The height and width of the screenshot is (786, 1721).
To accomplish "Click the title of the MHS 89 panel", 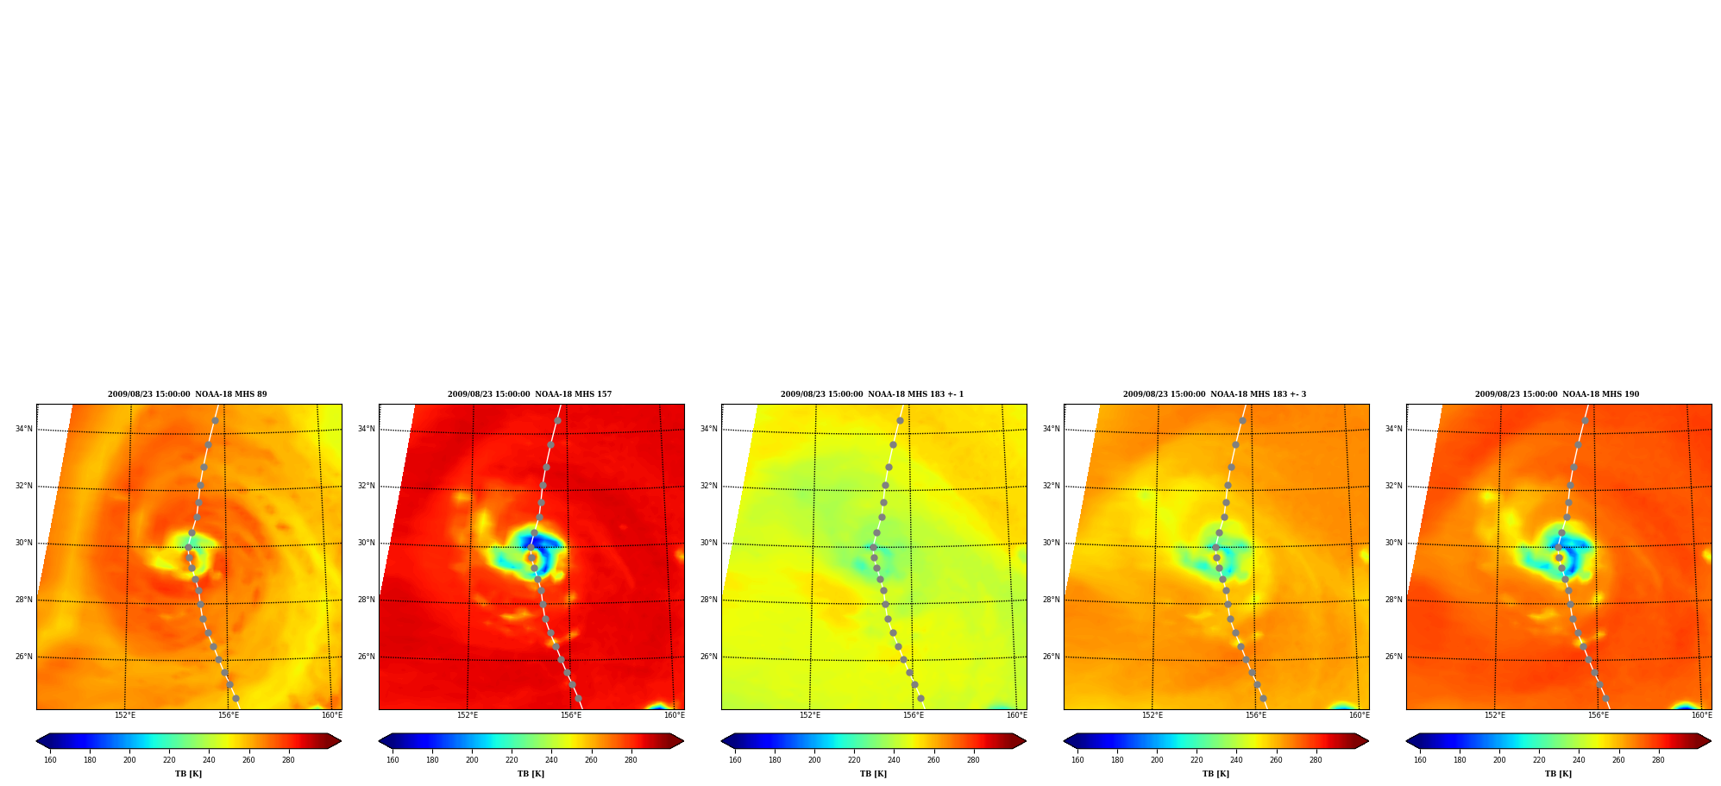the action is tap(187, 394).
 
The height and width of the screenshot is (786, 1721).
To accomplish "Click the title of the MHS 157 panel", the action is tap(530, 394).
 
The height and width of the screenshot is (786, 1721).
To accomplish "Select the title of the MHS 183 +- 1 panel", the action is tap(872, 394).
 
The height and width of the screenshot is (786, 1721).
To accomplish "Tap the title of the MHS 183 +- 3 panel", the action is tap(1215, 394).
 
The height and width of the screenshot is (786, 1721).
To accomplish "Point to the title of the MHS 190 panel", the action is tap(1557, 394).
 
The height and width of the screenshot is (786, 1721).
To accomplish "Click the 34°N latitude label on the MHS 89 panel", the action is tap(23, 429).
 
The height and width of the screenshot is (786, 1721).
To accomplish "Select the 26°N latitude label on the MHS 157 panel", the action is tap(366, 657).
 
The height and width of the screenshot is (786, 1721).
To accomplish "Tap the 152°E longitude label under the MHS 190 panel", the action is tap(1495, 715).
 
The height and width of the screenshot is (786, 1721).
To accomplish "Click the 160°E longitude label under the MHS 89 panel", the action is tap(332, 715).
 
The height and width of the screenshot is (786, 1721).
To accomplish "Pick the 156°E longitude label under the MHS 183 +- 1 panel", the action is tap(914, 715).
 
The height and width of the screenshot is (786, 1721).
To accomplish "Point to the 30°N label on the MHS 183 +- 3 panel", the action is tap(1051, 543).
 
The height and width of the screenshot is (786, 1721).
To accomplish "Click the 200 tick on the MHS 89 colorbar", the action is tap(129, 760).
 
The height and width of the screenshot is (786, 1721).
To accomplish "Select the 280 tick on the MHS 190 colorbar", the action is tap(1658, 760).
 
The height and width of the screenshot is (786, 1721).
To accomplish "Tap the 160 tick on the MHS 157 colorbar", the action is tap(393, 760).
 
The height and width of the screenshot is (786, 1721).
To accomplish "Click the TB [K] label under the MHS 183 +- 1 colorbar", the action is tap(873, 774).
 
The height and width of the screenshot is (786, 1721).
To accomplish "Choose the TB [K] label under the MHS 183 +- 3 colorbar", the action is tap(1215, 774).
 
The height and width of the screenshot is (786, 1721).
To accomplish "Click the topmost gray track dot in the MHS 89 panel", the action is tap(215, 421).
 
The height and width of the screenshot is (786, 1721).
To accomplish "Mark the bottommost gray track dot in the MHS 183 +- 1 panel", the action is tap(920, 699).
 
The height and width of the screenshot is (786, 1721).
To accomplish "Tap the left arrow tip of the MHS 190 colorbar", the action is tap(1406, 741).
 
